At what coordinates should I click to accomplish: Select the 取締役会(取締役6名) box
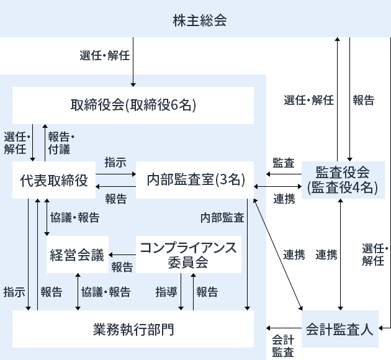133,105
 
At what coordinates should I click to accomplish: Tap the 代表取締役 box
53,180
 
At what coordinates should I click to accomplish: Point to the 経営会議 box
77,255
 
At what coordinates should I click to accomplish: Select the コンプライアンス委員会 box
188,254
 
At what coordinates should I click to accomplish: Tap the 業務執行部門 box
133,328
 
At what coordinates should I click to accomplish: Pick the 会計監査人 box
340,328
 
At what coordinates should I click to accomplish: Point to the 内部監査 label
222,218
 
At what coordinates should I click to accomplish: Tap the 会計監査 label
282,346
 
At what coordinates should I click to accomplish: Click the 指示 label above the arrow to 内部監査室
115,163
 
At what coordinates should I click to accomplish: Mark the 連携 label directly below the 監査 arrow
284,199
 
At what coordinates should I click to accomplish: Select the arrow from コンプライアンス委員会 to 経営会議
122,255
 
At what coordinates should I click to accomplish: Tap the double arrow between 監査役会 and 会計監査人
340,254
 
